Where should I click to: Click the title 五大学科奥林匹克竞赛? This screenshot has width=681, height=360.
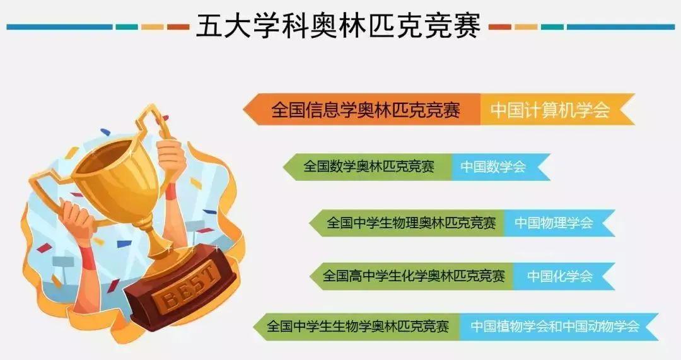[x=339, y=26]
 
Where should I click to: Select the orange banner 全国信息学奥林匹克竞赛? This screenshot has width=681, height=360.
[x=366, y=110]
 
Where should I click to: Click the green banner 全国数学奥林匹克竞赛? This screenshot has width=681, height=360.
[x=369, y=166]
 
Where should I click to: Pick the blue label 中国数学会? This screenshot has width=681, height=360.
[x=492, y=166]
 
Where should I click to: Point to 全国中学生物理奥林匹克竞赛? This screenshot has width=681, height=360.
[x=411, y=223]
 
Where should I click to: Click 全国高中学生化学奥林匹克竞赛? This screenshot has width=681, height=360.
[x=414, y=276]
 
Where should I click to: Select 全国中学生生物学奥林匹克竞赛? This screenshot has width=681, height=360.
[x=358, y=327]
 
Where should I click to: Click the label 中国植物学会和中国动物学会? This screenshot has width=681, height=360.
[x=555, y=327]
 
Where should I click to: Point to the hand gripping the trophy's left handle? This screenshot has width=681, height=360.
[x=76, y=218]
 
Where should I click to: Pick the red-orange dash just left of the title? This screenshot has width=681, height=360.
[x=178, y=27]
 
